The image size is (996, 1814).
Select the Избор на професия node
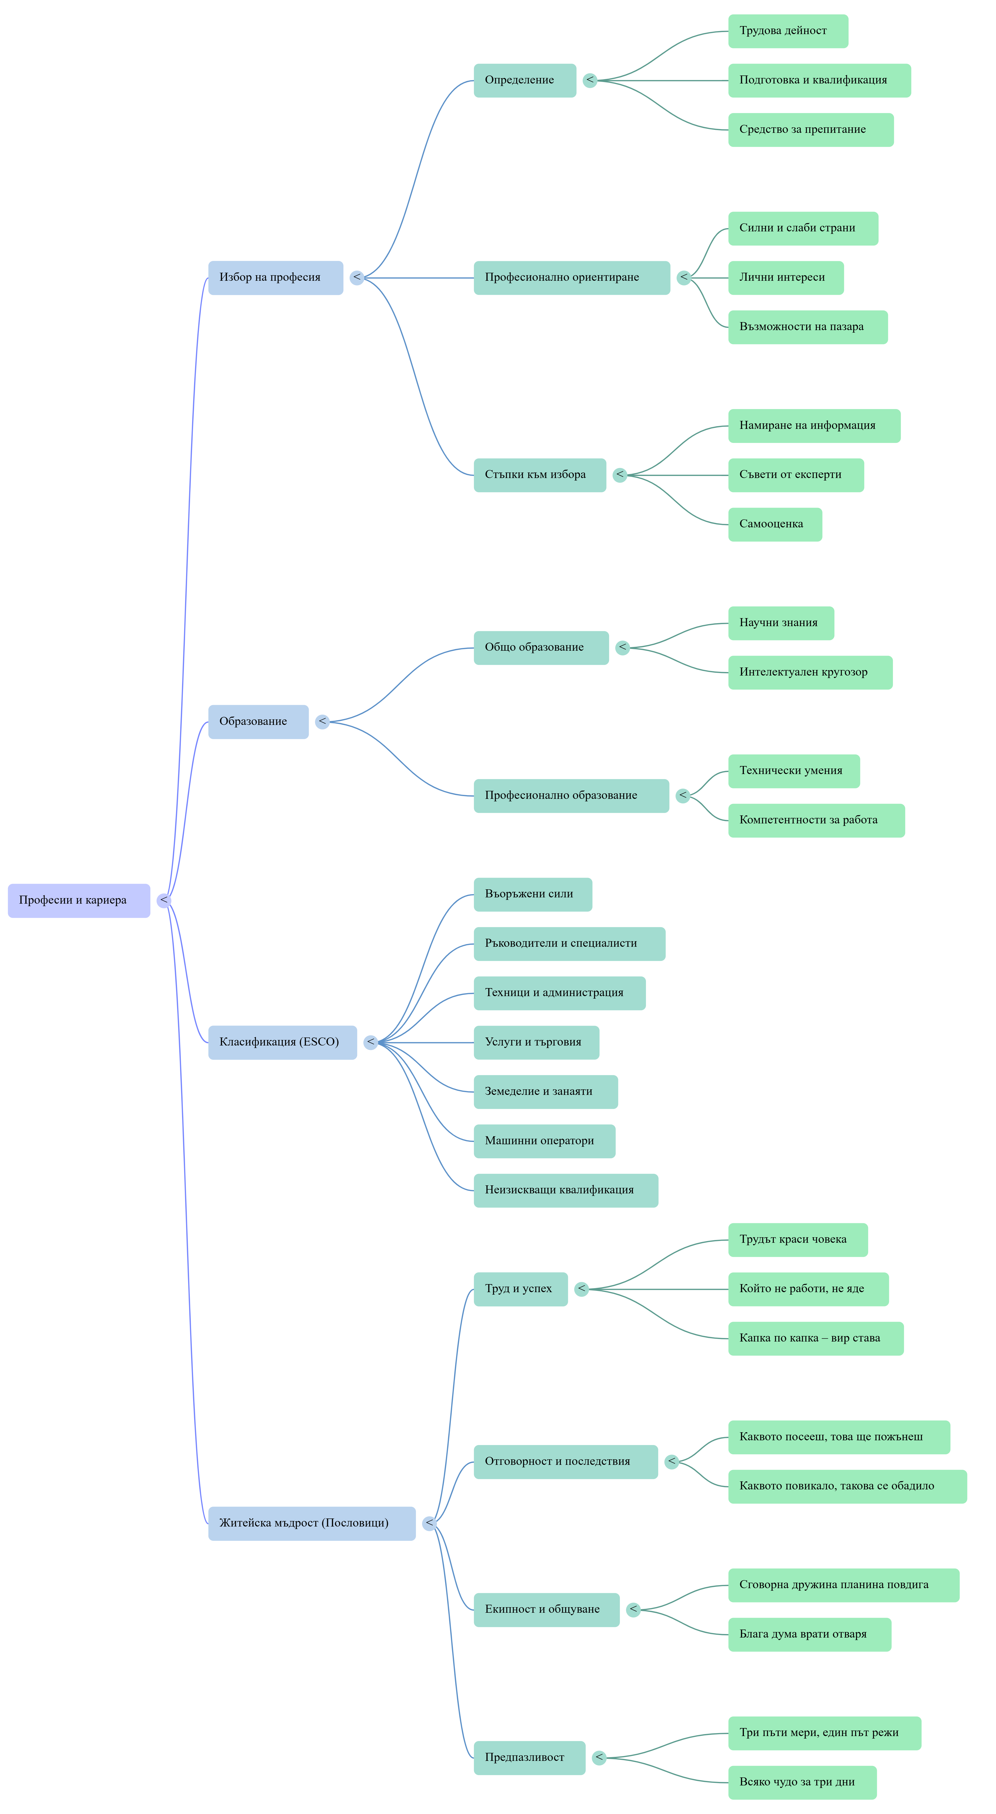tap(275, 277)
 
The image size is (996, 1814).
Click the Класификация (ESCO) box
tap(282, 1042)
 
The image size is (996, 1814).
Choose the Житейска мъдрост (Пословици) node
tap(312, 1523)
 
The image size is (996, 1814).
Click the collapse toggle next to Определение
tap(590, 80)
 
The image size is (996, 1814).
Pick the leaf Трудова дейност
tap(788, 31)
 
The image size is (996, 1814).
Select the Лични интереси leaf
tap(786, 277)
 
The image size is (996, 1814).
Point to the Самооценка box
tap(775, 524)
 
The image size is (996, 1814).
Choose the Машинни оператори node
tap(544, 1141)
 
